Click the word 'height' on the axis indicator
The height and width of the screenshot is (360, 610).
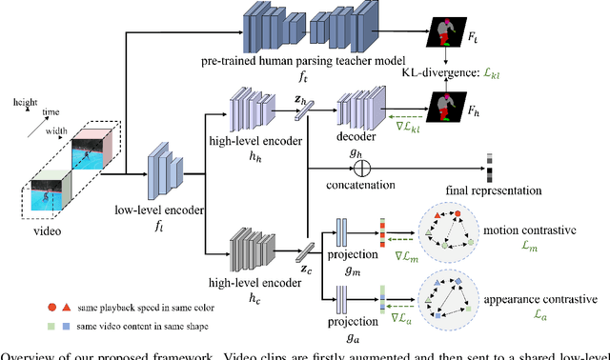[x=26, y=99]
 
